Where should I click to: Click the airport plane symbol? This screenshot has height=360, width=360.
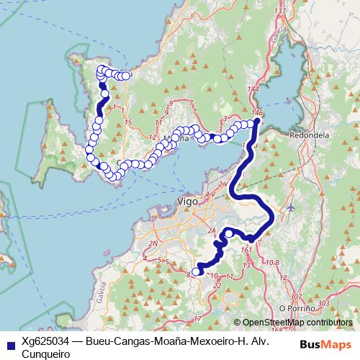290,207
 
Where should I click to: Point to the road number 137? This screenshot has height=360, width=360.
281,11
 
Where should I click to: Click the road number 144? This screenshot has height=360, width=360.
252,89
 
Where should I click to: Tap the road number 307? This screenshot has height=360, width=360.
294,297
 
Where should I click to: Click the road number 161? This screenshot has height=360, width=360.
248,251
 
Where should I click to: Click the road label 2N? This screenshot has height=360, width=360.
154,243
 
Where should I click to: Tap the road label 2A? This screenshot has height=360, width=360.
212,231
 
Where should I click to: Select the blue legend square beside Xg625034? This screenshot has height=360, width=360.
9,343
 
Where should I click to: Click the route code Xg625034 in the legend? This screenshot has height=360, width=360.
45,342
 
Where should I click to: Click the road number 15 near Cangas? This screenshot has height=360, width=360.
127,123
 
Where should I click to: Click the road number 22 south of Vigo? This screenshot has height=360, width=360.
217,287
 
